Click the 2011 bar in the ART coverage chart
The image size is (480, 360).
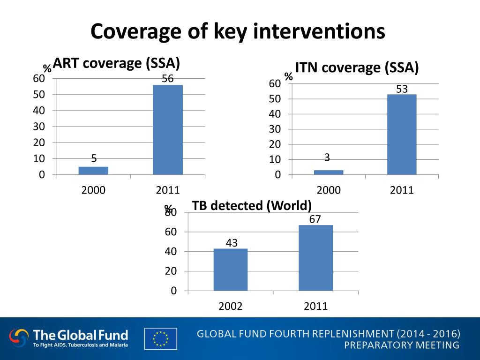(168, 130)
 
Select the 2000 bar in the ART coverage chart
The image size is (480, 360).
(93, 171)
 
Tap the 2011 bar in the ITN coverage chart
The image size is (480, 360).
(402, 135)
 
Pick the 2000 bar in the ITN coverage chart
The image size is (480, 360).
(329, 172)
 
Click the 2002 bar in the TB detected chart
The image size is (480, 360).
(231, 270)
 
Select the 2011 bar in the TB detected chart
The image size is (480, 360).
(315, 258)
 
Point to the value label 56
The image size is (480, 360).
(168, 79)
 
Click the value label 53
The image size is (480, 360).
(402, 89)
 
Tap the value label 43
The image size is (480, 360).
(232, 243)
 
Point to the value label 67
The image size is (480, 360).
(315, 219)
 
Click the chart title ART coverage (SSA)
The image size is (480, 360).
(117, 63)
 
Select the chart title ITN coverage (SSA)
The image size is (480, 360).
(357, 67)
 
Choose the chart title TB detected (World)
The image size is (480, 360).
(252, 205)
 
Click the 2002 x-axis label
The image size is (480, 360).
(231, 307)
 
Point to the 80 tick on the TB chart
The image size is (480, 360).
(172, 212)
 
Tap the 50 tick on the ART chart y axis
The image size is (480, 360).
(39, 95)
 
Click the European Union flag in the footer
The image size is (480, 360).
(161, 339)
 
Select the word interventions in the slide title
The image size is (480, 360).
(319, 32)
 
